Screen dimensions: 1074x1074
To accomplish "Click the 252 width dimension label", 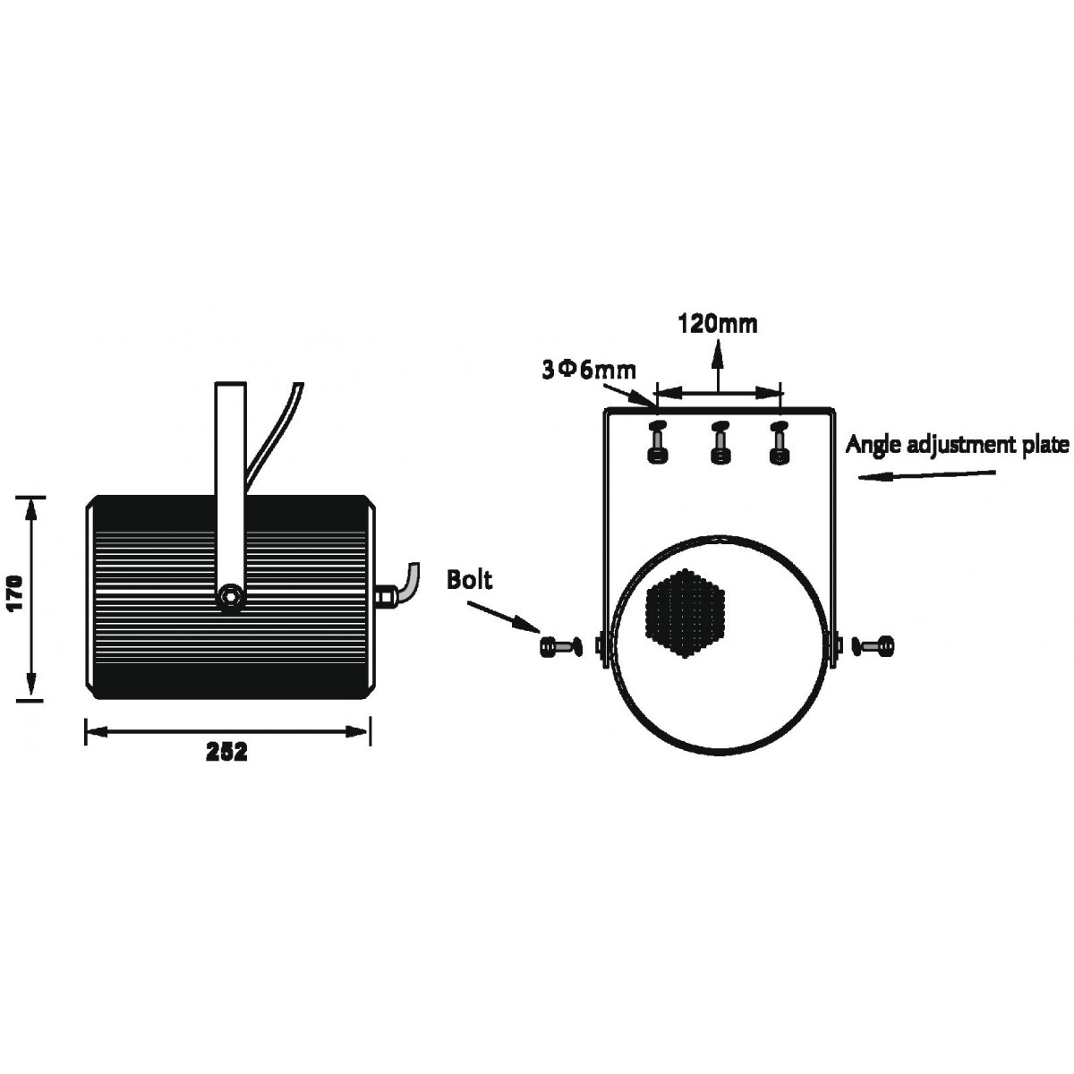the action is coord(226,753).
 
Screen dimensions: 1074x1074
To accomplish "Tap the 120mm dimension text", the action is coord(717,324).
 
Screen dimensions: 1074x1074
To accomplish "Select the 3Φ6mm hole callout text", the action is coord(589,371).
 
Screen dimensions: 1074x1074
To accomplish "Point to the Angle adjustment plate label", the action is coord(958,446).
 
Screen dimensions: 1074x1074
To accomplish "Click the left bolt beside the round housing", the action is coord(560,646).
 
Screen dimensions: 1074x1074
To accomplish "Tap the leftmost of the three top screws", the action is coord(658,442).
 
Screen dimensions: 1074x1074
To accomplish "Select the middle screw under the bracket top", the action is coord(720,442).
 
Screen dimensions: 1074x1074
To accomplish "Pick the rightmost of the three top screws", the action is coord(779,442).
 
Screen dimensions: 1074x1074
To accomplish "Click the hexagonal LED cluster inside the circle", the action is coord(685,614).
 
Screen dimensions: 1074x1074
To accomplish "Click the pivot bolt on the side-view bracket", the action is coord(230,597).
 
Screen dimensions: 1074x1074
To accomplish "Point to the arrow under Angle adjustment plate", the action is coord(927,474).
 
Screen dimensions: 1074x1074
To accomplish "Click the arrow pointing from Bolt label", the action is coord(503,616).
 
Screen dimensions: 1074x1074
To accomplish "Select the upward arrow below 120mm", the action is coord(717,367).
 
